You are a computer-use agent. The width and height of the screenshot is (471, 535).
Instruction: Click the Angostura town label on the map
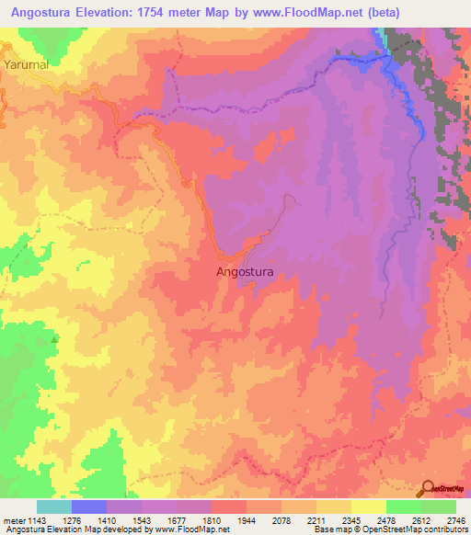tap(245, 271)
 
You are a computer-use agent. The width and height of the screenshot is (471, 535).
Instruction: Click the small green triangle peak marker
tap(54, 339)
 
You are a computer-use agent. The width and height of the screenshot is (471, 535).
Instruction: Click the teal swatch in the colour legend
tap(54, 507)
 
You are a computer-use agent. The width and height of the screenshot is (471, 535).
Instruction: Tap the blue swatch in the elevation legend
tap(89, 507)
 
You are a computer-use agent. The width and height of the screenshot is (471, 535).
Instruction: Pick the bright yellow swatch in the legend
tap(369, 507)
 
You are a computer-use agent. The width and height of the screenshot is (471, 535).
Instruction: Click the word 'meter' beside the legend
tap(15, 519)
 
